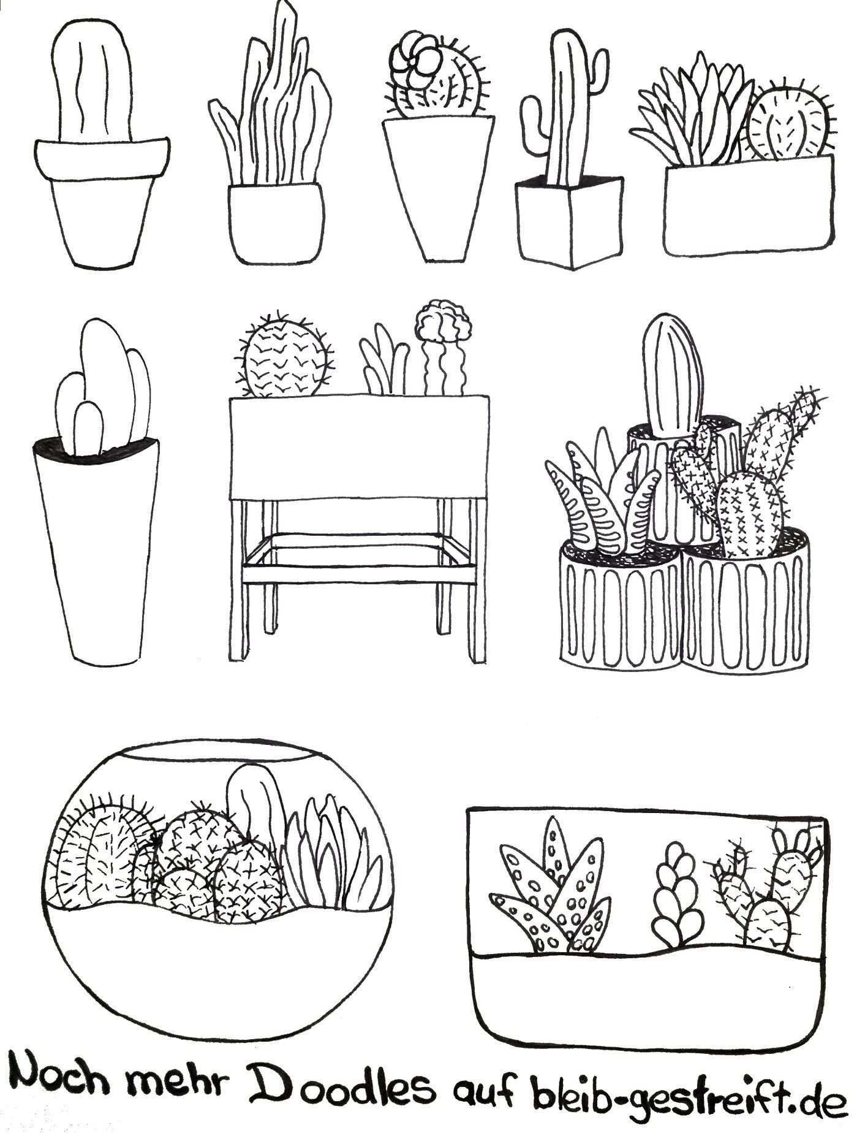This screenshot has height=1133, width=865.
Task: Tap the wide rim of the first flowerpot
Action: tap(102, 159)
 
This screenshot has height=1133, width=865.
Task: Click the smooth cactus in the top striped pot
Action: tap(673, 374)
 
